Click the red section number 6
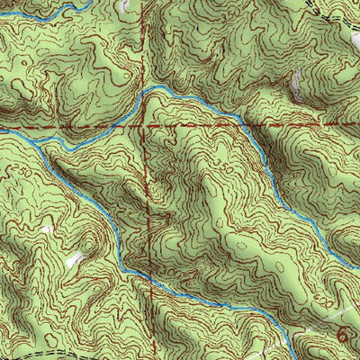pyautogui.click(x=343, y=332)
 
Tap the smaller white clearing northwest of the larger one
pyautogui.click(x=47, y=230)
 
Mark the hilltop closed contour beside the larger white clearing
pyautogui.click(x=90, y=247)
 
